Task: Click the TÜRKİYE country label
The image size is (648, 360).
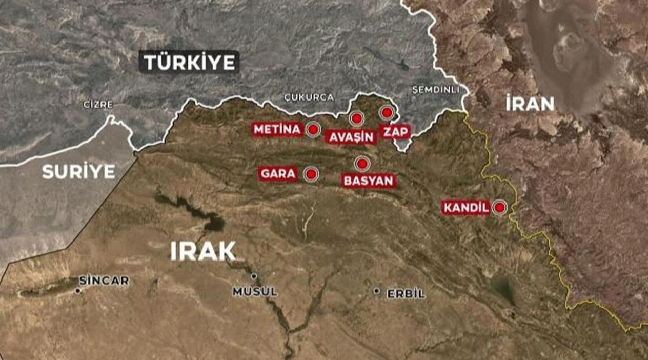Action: click(189, 62)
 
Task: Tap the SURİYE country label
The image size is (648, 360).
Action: click(78, 171)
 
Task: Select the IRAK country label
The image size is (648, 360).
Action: click(202, 251)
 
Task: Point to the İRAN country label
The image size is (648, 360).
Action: click(530, 104)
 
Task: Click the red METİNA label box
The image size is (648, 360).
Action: click(277, 129)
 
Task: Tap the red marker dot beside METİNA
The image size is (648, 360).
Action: click(313, 129)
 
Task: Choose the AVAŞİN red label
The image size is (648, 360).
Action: click(351, 137)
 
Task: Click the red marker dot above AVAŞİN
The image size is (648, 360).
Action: click(356, 119)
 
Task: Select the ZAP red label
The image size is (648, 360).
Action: click(396, 132)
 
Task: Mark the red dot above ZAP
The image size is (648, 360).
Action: click(387, 113)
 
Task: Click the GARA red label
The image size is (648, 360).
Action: click(278, 174)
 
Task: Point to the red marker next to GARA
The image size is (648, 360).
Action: click(311, 174)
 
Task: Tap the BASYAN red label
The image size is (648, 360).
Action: click(369, 181)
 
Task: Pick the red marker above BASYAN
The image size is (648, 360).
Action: click(362, 164)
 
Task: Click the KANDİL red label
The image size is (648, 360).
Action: click(465, 208)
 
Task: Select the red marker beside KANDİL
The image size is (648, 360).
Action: click(499, 207)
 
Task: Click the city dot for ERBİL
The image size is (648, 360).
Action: click(376, 291)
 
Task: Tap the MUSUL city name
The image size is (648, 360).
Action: click(255, 292)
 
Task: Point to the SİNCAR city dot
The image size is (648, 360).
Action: click(78, 290)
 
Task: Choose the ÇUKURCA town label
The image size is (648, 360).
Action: click(309, 97)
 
